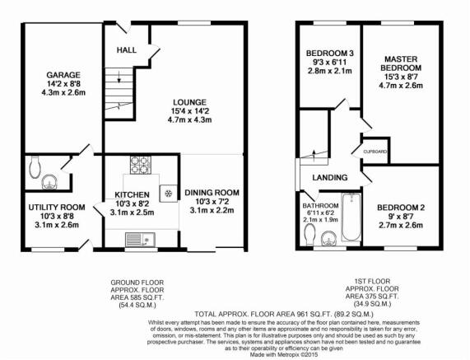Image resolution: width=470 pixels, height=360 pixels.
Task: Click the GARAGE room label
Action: [x=63, y=75]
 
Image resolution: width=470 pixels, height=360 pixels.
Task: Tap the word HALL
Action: [x=127, y=50]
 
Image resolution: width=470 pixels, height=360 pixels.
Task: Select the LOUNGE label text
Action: [x=190, y=102]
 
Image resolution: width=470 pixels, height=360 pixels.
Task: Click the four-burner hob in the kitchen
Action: [x=140, y=165]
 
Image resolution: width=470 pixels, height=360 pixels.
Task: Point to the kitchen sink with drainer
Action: [x=140, y=240]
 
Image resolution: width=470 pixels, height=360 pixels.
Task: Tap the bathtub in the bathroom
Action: [x=351, y=217]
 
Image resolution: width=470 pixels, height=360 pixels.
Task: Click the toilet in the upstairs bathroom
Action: [x=309, y=236]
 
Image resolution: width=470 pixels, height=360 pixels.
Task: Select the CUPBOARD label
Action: [x=375, y=152]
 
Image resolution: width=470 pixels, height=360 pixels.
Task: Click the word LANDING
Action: [x=330, y=178]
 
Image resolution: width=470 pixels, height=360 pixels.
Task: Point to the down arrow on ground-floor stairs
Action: [x=119, y=77]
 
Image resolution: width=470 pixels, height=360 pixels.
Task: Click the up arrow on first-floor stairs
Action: [x=314, y=155]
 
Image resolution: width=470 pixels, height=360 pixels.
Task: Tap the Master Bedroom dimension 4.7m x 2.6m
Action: [x=401, y=86]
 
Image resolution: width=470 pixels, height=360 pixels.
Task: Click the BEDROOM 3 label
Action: [x=330, y=54]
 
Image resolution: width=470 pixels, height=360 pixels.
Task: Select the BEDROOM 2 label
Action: [x=401, y=208]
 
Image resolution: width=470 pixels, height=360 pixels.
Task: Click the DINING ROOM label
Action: [x=212, y=193]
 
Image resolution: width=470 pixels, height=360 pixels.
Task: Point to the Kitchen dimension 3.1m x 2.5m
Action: [x=132, y=213]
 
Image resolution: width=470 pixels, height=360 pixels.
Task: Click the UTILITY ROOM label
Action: [x=57, y=208]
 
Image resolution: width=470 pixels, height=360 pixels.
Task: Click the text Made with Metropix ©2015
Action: [x=284, y=354]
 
